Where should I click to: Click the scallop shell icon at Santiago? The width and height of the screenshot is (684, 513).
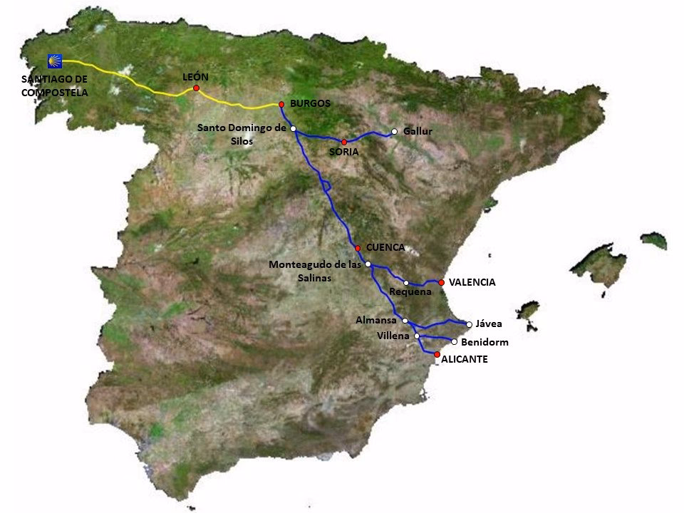pos(54,61)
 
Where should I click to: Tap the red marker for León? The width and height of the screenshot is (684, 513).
pos(196,88)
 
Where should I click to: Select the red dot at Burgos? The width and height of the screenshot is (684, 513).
pos(281,104)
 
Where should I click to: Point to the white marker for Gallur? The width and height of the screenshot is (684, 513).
pos(394,131)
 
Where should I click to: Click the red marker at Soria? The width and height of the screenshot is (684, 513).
pos(343,142)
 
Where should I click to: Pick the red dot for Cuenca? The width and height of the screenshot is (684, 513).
pos(358,248)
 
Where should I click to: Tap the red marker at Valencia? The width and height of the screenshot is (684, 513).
pos(442,283)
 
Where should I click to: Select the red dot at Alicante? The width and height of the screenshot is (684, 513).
pos(437,354)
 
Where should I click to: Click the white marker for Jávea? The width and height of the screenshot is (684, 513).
pos(469,324)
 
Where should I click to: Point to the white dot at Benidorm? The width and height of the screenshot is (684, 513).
pos(454,341)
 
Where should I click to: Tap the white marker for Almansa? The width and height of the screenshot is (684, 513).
pos(404,321)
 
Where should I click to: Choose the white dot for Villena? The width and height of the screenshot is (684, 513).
pos(417,336)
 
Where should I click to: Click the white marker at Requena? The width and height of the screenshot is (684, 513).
pos(406,283)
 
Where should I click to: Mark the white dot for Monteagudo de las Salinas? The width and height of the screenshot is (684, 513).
pos(368,264)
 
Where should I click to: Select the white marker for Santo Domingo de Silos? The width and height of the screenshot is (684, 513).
pos(294,128)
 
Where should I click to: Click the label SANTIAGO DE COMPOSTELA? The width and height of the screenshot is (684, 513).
pos(54,86)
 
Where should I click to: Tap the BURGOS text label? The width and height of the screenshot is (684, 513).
pos(311,103)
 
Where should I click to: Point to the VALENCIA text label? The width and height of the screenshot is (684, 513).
pos(472,283)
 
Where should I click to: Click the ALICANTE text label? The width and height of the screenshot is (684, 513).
pos(464,360)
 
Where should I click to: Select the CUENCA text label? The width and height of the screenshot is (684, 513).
pos(385,247)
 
